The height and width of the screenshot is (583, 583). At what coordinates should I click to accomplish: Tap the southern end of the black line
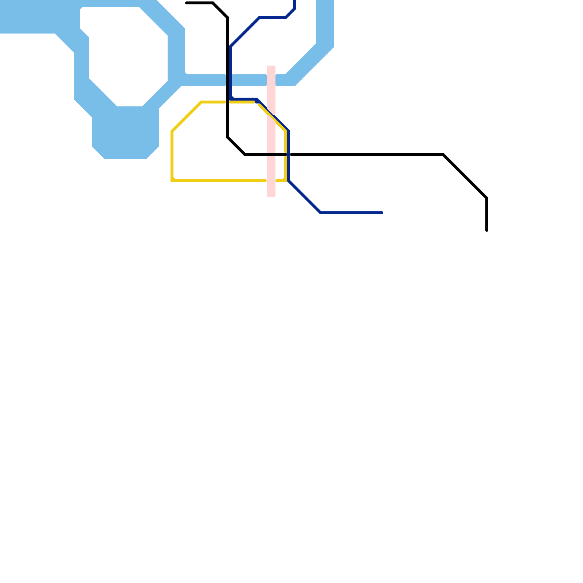[x=487, y=230]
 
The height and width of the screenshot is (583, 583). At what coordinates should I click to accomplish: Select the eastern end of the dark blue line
[x=382, y=213]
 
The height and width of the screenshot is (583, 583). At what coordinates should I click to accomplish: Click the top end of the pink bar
[x=271, y=67]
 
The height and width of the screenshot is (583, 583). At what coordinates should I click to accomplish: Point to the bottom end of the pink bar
[x=271, y=195]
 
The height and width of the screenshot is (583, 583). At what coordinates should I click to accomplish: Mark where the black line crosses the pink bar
[x=271, y=154]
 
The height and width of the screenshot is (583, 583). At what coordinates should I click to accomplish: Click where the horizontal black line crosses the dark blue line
[x=288, y=154]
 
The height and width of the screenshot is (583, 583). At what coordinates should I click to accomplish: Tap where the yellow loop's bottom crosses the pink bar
[x=271, y=180]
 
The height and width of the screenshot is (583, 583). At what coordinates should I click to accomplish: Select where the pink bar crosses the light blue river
[x=271, y=80]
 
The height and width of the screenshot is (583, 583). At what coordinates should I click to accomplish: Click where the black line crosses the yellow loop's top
[x=228, y=102]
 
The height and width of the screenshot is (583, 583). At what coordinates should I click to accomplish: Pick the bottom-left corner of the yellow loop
[x=172, y=180]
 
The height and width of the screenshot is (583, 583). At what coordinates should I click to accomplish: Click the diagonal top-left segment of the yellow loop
[x=187, y=117]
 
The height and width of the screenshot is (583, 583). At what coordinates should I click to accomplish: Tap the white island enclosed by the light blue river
[x=128, y=55]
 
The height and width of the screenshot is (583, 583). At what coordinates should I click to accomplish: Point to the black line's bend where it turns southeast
[x=443, y=155]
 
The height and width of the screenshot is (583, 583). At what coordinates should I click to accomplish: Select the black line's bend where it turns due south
[x=487, y=198]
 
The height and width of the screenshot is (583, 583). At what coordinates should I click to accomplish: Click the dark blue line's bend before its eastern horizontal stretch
[x=321, y=212]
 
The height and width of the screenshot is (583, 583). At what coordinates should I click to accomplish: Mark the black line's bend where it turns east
[x=245, y=154]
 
